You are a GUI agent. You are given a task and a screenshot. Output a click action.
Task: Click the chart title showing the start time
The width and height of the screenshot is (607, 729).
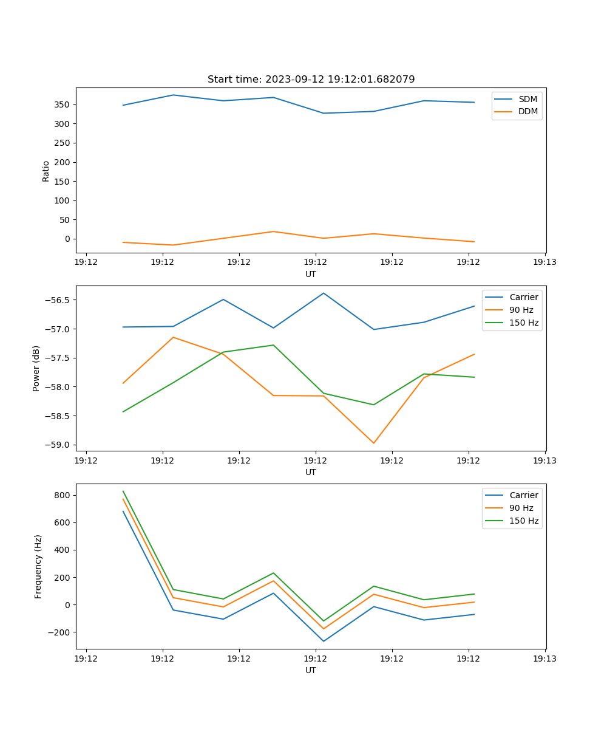coord(311,80)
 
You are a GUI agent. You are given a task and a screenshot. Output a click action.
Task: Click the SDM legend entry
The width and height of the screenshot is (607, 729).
coord(527,99)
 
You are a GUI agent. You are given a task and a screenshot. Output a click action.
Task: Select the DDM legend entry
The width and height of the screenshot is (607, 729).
coord(527,111)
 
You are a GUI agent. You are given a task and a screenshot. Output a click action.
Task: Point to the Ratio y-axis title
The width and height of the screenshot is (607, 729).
coord(46,171)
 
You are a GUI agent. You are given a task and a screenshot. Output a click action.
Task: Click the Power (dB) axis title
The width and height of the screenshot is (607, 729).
coord(36,368)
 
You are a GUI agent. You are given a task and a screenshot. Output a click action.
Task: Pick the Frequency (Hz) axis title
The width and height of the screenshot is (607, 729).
coord(38,566)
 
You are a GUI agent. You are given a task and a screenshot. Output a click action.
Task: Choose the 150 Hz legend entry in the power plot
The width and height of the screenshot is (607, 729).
coord(523,323)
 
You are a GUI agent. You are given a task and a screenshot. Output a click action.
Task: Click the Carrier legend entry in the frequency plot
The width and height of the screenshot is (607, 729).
coord(523,495)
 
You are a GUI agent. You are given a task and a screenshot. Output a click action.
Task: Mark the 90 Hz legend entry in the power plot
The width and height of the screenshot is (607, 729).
coord(521,310)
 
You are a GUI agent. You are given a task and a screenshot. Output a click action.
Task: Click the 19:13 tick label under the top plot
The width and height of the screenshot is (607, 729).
coord(544,262)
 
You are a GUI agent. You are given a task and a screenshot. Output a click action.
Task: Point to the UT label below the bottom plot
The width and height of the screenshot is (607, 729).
coord(311,670)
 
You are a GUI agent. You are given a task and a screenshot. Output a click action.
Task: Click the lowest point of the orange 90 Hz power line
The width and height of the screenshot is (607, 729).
coord(373,443)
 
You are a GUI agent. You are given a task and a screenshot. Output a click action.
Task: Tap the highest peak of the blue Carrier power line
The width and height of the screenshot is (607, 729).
coord(324,293)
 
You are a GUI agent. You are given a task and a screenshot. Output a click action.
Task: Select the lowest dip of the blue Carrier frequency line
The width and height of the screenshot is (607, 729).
coord(324,641)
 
